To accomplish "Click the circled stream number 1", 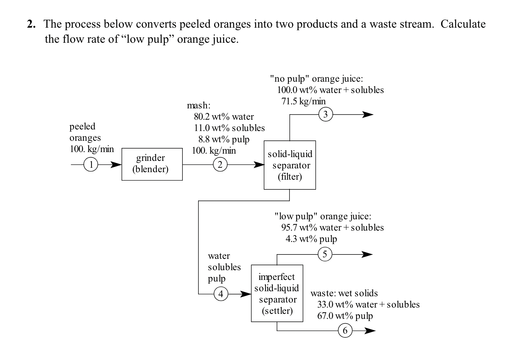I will tap(91, 165).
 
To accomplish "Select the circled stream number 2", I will tap(220, 165).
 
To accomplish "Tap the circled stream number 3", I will tap(326, 115).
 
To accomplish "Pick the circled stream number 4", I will tap(221, 294).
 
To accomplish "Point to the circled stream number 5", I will tap(325, 254).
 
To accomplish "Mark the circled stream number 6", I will tap(345, 331).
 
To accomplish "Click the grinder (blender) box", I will tap(152, 164).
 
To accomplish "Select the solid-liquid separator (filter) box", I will tap(290, 165).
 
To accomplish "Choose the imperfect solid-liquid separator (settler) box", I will tap(277, 293).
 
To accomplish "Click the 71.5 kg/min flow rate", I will tap(303, 101).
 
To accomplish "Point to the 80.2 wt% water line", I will tap(224, 117).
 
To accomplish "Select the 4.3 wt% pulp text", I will tap(311, 239).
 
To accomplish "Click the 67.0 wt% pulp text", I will tap(345, 316).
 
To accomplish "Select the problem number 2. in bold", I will tap(31, 24).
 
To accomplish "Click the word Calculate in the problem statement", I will tap(463, 24).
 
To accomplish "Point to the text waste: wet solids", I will tap(344, 293).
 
